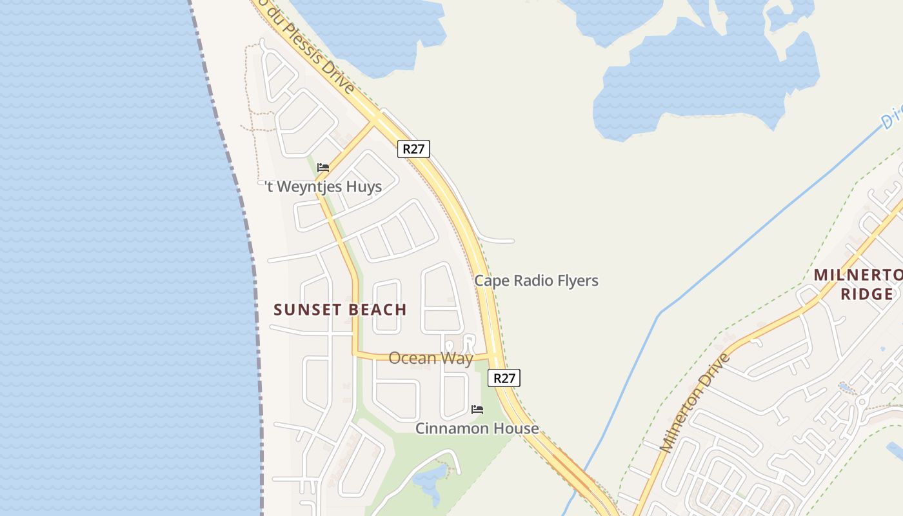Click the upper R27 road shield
click(413, 149)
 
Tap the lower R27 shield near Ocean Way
click(504, 378)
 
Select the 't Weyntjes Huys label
click(324, 187)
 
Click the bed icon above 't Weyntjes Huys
click(323, 168)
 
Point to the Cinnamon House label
click(477, 428)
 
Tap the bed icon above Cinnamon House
click(477, 410)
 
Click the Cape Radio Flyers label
click(536, 281)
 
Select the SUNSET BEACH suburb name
click(340, 310)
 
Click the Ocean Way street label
click(431, 358)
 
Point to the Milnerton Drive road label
click(694, 403)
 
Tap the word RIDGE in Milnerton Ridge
click(866, 295)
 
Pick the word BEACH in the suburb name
click(376, 310)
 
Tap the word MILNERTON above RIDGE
click(858, 275)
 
